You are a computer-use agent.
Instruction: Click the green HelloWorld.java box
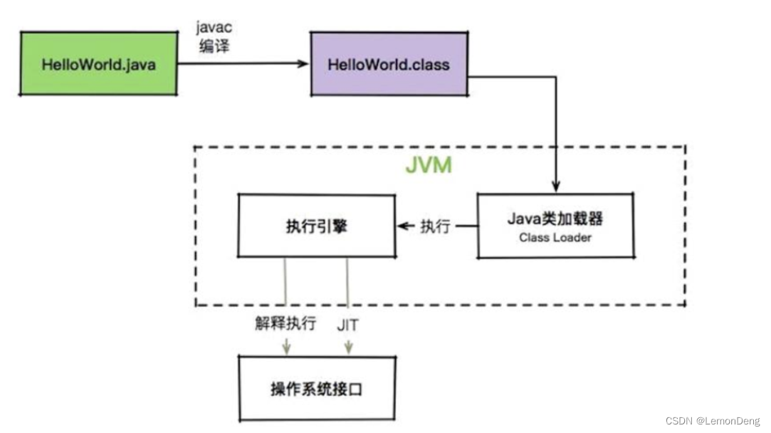coord(98,63)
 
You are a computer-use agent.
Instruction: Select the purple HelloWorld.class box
coord(389,63)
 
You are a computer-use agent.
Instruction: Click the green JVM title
coord(429,165)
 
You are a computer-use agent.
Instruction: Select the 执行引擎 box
coord(316,226)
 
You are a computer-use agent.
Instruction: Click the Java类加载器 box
coord(555,226)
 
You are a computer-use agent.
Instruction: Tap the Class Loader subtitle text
coord(555,238)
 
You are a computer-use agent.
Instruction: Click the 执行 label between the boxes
coord(435,226)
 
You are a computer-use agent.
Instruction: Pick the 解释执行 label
coord(285,324)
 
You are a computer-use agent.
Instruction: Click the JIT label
coord(347,325)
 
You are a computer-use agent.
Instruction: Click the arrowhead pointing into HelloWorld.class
coord(305,63)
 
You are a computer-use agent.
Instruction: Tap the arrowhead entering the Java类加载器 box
coord(557,188)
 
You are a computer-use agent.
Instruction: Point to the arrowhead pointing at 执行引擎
coord(402,226)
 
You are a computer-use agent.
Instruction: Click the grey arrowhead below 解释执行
coord(285,348)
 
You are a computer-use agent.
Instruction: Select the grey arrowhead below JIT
coord(348,348)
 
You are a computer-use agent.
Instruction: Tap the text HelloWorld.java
coord(98,64)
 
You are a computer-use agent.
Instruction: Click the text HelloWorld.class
coord(389,64)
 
